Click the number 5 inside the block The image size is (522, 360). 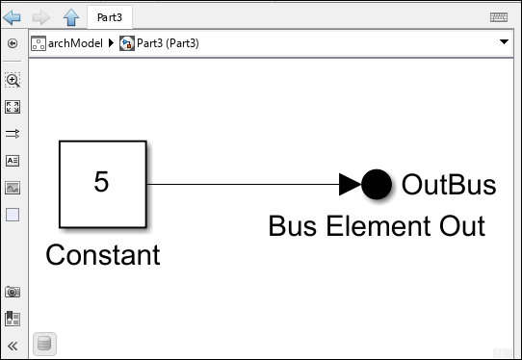coord(101,181)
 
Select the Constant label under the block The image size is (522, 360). coord(102,255)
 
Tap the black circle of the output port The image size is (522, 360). coord(376,183)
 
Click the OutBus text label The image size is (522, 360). coord(448,184)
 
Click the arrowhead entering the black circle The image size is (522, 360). coord(350,183)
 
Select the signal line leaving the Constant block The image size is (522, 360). coord(241,183)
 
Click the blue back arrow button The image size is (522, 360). coord(13,16)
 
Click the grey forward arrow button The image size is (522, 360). coord(41,16)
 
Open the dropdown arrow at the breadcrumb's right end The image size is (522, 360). coord(505,43)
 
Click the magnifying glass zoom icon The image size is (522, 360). coord(13,81)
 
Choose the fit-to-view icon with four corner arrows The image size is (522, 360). coord(13,107)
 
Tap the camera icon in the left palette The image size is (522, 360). coord(13,292)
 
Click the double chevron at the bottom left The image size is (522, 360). coord(13,345)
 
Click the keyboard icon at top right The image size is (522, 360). coord(499,16)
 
